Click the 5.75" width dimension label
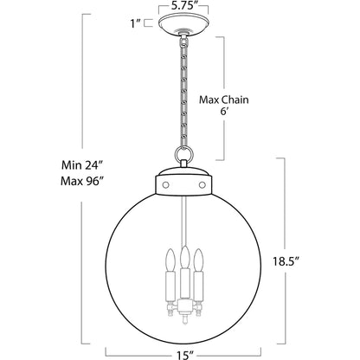[x=183, y=5]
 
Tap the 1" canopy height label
[x=135, y=23]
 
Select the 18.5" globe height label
[x=286, y=261]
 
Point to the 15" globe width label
[x=183, y=355]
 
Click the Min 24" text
[x=82, y=165]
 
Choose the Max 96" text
[x=82, y=181]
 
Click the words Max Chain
[x=224, y=100]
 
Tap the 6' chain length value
[x=224, y=112]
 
